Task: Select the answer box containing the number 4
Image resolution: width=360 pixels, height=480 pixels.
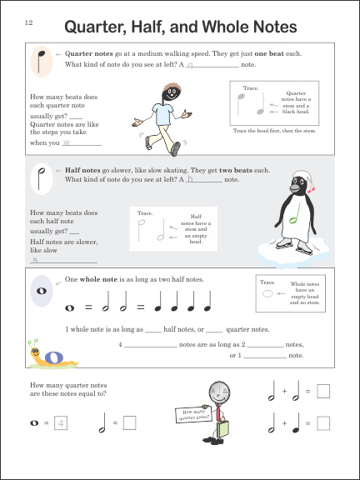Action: [x=63, y=423]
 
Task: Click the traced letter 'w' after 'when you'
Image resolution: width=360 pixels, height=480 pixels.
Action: [x=67, y=142]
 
